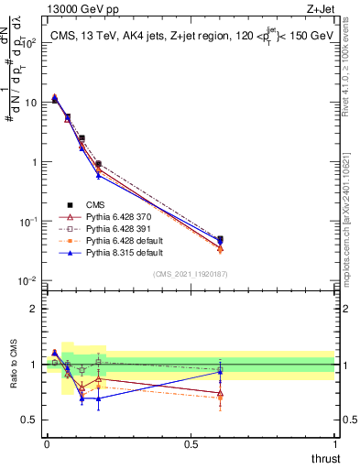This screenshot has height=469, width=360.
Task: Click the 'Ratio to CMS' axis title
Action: pos(14,378)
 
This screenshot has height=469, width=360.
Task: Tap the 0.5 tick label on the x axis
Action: pos(191,445)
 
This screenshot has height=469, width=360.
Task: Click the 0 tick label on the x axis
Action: pos(47,445)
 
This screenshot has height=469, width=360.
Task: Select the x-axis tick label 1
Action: pos(335,445)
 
